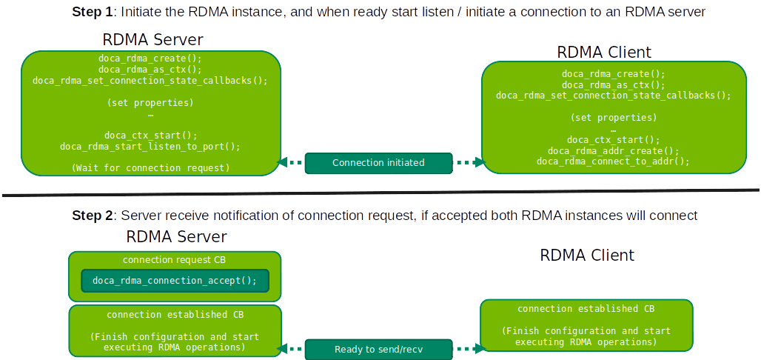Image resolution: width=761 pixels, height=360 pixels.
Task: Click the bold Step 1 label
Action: pyautogui.click(x=93, y=12)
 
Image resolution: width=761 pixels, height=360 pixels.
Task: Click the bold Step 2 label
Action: pyautogui.click(x=93, y=216)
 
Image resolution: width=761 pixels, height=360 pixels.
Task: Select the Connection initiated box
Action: pyautogui.click(x=378, y=162)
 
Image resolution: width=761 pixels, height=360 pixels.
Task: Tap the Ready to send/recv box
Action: pyautogui.click(x=378, y=349)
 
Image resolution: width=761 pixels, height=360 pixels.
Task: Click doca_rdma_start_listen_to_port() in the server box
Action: pyautogui.click(x=150, y=147)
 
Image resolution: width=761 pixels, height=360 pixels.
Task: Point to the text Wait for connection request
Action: pyautogui.click(x=151, y=168)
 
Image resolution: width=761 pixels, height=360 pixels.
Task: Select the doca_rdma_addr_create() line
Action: pyautogui.click(x=613, y=150)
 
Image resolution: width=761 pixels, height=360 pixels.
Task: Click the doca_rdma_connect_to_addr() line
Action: pyautogui.click(x=613, y=161)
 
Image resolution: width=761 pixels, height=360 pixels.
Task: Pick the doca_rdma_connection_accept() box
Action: pyautogui.click(x=175, y=281)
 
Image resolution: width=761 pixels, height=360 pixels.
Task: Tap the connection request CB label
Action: pyautogui.click(x=175, y=260)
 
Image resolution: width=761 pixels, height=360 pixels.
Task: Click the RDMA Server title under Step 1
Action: pyautogui.click(x=152, y=39)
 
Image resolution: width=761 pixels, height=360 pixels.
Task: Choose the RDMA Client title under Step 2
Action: pyautogui.click(x=587, y=256)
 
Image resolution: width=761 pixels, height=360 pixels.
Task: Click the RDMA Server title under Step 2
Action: pyautogui.click(x=176, y=237)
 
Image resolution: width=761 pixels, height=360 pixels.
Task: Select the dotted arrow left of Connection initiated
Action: pyautogui.click(x=290, y=162)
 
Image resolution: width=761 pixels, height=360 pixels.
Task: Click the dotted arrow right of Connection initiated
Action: pyautogui.click(x=467, y=162)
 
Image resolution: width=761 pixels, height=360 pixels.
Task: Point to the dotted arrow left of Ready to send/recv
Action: pyautogui.click(x=294, y=348)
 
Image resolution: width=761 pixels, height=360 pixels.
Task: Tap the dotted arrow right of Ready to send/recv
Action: pyautogui.click(x=466, y=348)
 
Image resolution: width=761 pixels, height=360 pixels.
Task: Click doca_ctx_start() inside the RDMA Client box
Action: pyautogui.click(x=613, y=139)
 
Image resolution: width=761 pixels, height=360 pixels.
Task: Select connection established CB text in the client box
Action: pyautogui.click(x=586, y=309)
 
